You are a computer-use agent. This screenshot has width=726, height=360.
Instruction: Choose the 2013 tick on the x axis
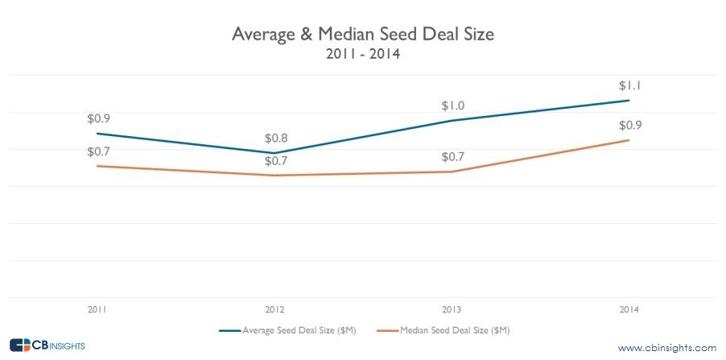(452, 309)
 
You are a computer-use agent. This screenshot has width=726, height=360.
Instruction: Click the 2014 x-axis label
(629, 309)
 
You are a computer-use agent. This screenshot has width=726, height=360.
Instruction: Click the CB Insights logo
(47, 346)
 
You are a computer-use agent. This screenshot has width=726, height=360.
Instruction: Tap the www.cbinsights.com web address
(666, 347)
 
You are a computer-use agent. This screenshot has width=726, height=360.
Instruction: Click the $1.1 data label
(629, 86)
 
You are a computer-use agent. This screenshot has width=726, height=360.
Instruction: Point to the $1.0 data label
(453, 106)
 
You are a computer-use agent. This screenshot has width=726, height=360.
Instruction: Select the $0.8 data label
(276, 139)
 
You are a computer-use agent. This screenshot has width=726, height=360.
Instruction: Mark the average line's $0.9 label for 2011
(99, 118)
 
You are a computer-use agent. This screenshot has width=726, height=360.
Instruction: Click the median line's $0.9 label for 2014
(629, 126)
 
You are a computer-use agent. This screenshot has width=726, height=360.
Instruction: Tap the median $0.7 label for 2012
(276, 161)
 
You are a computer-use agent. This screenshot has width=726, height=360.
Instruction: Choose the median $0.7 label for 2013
(453, 157)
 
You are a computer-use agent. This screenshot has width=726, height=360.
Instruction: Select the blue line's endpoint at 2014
(629, 101)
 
